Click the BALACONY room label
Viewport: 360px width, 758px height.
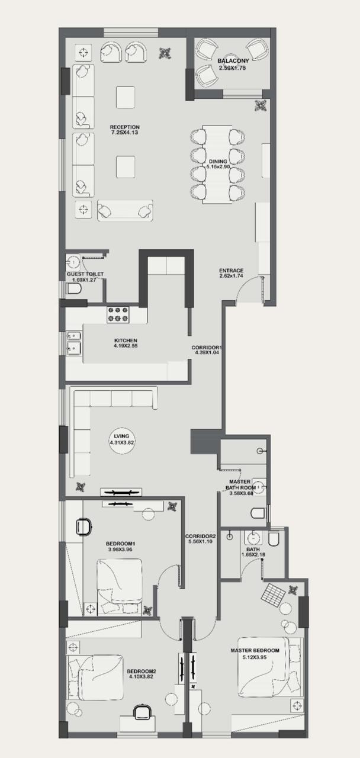(233, 61)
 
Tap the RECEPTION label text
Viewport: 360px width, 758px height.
(124, 127)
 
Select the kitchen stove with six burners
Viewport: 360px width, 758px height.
(118, 314)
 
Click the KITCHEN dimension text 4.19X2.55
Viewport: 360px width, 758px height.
(126, 346)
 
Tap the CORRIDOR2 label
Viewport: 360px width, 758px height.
(201, 537)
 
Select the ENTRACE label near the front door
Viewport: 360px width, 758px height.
(231, 271)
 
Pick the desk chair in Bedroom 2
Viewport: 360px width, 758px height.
(142, 712)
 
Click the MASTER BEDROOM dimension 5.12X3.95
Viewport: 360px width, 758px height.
(255, 657)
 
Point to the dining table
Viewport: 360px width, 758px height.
(217, 164)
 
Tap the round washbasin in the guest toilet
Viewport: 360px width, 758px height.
(73, 261)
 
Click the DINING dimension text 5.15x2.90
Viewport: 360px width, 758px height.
(217, 166)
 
